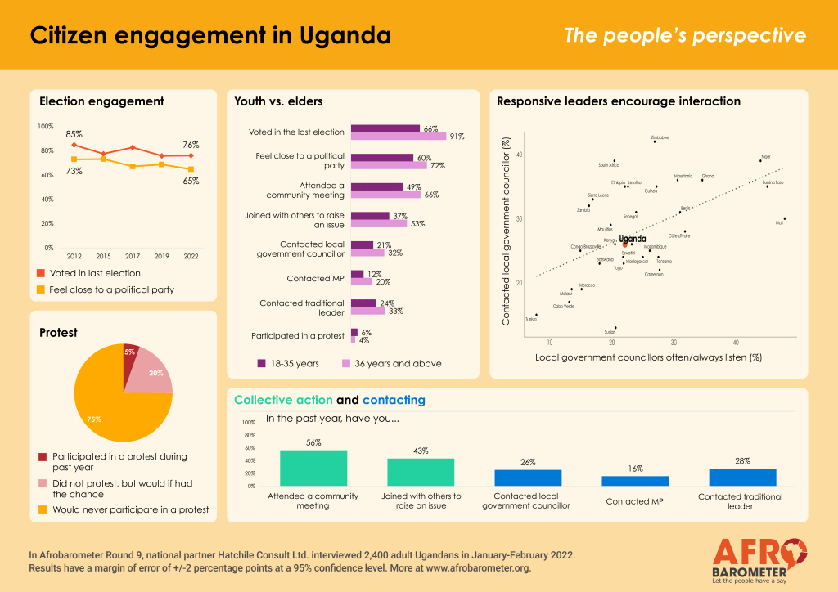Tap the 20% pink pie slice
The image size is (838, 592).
(154, 373)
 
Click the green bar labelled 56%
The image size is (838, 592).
(313, 468)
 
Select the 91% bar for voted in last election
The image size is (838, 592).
(399, 137)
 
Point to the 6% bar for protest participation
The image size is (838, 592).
(354, 332)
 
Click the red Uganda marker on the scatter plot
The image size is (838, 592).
(624, 244)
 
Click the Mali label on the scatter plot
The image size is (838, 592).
(779, 223)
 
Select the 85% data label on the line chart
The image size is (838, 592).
(74, 133)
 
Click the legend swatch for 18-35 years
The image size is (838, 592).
(262, 363)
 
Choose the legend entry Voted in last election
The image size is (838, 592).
(95, 273)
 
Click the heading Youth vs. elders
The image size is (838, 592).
(278, 101)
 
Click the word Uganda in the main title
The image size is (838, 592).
(334, 36)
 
